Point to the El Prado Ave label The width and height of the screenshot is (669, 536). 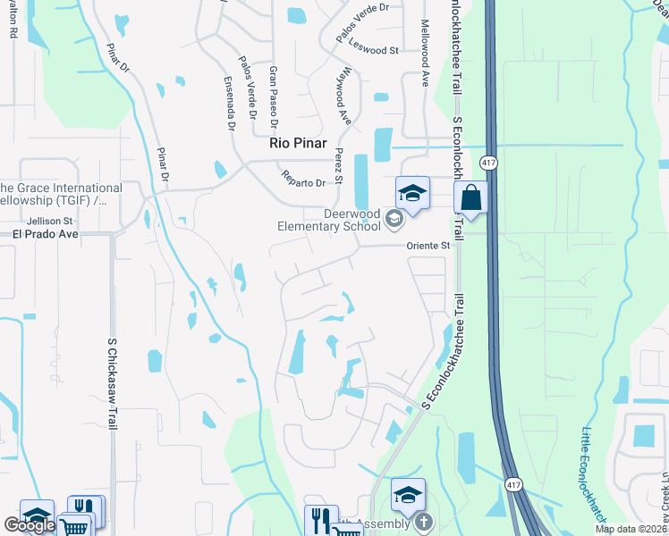tap(46, 234)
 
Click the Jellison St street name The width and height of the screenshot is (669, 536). tap(50, 220)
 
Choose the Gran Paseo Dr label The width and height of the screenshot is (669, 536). tap(273, 93)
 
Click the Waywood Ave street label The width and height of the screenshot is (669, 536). tap(342, 96)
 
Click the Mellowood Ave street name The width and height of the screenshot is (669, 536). tap(426, 54)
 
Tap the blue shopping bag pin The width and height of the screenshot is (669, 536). tap(470, 197)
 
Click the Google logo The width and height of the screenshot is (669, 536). tap(30, 525)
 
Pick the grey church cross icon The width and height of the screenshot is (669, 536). tap(423, 520)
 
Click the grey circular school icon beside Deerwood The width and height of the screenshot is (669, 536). tap(393, 217)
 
